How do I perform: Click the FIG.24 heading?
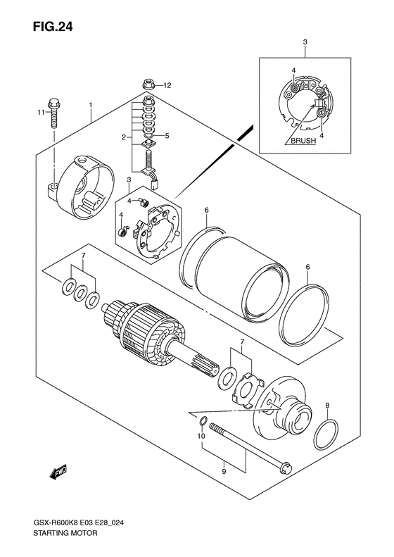[x=53, y=27]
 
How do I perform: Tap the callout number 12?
[x=167, y=86]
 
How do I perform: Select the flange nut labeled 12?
[x=146, y=85]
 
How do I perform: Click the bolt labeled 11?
[x=54, y=113]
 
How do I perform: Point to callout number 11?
[x=41, y=113]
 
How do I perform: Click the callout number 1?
[x=91, y=105]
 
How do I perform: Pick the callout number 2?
[x=124, y=137]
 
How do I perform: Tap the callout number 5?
[x=167, y=135]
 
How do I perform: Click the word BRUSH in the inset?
[x=303, y=141]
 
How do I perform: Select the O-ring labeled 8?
[x=326, y=434]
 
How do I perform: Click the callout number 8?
[x=328, y=405]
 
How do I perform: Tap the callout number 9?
[x=224, y=471]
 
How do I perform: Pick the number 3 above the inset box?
[x=305, y=42]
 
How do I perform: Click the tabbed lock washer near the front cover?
[x=248, y=389]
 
